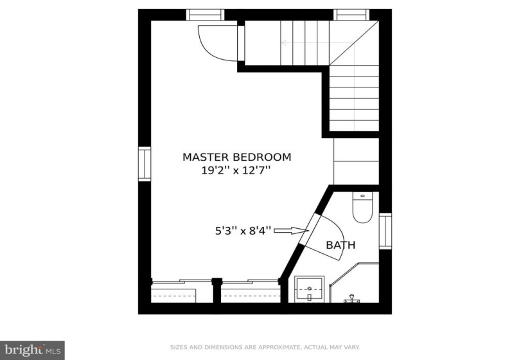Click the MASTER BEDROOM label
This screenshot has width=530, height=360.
pos(236,157)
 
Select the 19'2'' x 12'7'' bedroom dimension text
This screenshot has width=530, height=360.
pos(236,170)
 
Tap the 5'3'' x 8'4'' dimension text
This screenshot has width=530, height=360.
pos(243,231)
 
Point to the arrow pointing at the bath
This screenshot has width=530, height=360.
pos(291,231)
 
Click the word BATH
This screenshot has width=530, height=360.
pos(340,245)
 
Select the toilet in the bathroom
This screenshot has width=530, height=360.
pos(362,207)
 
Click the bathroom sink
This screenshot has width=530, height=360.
pos(309,289)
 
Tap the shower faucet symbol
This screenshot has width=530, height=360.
pos(352,299)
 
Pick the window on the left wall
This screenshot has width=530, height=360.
pos(145,164)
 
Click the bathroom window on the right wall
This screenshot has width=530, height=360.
pos(385,231)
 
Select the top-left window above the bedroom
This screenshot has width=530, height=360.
pos(205,15)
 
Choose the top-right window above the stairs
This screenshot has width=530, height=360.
pos(351,15)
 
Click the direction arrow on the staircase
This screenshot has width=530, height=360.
pos(318,43)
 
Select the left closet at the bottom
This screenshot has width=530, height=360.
pos(182,291)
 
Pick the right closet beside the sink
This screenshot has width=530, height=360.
pos(251,291)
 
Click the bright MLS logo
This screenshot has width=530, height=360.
pos(33,350)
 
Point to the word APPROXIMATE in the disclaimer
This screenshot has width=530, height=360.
pos(279,347)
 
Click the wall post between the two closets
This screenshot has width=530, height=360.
pos(216,291)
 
